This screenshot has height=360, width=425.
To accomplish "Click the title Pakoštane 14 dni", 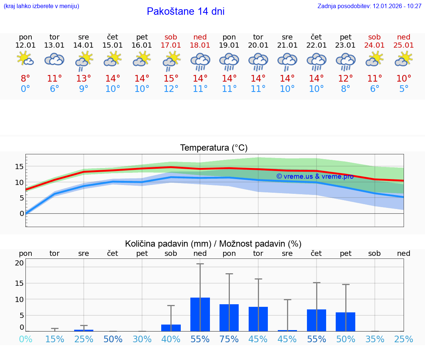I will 186,11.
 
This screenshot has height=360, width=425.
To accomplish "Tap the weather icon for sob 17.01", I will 171,60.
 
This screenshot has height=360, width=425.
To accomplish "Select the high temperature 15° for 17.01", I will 171,79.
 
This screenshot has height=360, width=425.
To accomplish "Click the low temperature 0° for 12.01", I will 25,89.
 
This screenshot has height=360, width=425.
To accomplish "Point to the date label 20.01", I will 258,45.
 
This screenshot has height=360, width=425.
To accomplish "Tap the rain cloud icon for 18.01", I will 200,61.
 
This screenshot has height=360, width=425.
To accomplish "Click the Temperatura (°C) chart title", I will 214,148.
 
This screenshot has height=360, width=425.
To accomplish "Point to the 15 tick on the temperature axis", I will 20,167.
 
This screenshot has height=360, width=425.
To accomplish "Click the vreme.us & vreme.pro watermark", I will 315,176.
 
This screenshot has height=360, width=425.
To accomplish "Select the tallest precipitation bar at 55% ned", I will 200,314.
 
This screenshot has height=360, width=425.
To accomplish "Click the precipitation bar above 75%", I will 229,318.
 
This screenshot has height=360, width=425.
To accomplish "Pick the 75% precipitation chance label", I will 229,339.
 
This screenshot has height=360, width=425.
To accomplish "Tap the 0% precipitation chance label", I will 25,339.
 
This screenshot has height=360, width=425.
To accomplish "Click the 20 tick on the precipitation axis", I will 20,263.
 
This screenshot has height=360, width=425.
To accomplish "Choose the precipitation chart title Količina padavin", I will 213,244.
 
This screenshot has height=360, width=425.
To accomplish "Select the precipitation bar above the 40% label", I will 171,328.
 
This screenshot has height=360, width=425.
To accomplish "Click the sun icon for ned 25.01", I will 404,59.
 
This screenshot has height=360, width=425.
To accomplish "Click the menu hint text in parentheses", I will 41,6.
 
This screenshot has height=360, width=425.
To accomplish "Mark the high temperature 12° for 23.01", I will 345,79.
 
